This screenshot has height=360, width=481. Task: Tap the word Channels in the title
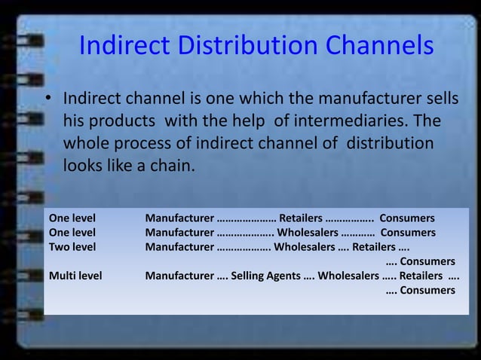(x=379, y=47)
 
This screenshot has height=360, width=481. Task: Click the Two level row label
(x=72, y=246)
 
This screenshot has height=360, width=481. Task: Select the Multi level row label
(x=75, y=275)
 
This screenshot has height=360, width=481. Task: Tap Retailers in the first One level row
(x=300, y=218)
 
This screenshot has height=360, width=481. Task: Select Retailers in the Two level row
(x=373, y=246)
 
